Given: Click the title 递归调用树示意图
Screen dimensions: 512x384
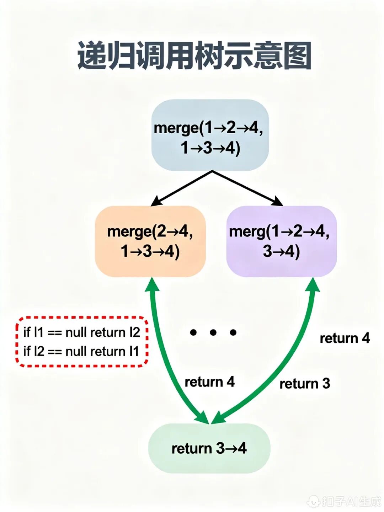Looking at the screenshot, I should coord(194,56).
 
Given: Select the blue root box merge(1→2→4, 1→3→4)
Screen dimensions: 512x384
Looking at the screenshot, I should coord(210,135).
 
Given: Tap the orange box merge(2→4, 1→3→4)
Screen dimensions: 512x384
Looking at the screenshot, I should coord(150,241).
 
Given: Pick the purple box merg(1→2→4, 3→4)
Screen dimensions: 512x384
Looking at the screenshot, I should coord(281,241).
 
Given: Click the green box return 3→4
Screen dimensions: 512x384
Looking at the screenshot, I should coord(209,448).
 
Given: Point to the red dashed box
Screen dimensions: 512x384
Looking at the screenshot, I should coord(82,341).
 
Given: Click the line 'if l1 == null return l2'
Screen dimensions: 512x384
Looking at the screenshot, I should coord(82,332).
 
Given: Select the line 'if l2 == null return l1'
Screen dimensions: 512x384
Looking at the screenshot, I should coord(81,351).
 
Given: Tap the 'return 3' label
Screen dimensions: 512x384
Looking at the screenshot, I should coord(305,384).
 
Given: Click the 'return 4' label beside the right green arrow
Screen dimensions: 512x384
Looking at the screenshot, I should coord(345,338).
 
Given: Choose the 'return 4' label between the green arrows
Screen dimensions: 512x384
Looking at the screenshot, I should coord(209,382).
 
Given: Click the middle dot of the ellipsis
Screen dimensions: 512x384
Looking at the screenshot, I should coord(213,332).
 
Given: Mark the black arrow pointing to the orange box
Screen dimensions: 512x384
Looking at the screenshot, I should coord(181,188).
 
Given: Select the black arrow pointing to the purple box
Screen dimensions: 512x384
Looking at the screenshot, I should coord(249,188).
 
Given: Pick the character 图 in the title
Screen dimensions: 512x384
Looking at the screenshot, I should coord(297,56).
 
